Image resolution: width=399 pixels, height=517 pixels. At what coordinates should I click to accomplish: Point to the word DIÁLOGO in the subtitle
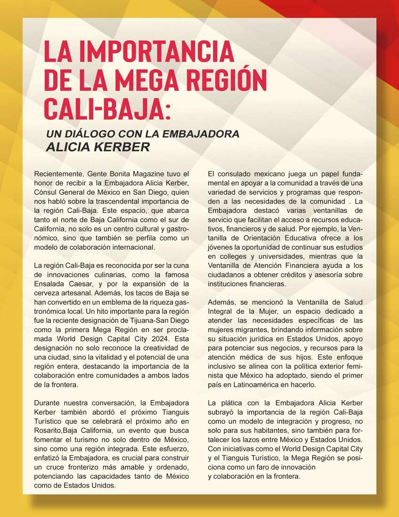pos(98,134)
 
